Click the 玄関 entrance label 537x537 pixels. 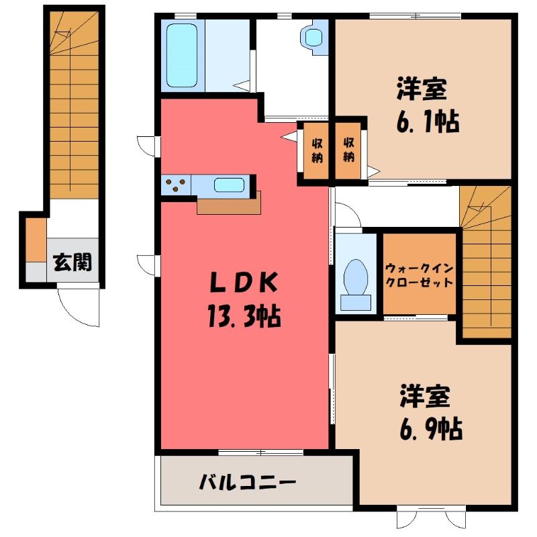(73, 262)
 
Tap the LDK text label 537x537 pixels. (244, 283)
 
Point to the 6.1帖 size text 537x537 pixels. (428, 121)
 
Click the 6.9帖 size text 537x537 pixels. (431, 429)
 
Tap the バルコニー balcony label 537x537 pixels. (247, 483)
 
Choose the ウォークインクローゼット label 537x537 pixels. (419, 275)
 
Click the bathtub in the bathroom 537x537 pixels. (182, 56)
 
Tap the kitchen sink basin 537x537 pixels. (229, 185)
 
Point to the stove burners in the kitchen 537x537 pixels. (176, 185)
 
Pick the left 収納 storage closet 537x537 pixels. (316, 150)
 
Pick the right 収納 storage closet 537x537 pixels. (348, 150)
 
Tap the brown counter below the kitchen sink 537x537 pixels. (229, 204)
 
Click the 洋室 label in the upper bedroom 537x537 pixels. (422, 89)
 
